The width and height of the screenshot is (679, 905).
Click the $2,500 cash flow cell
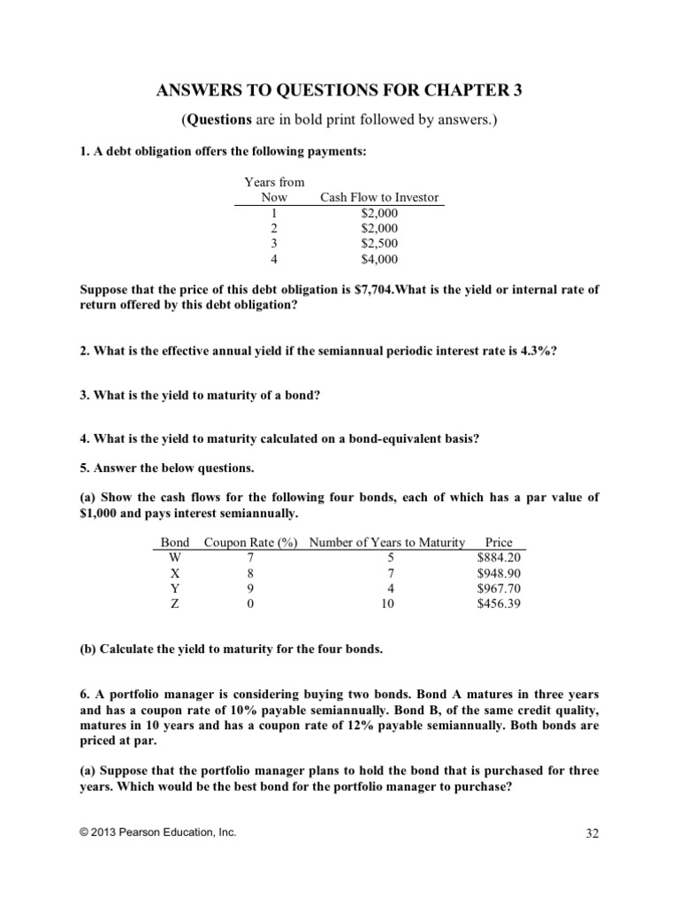(379, 244)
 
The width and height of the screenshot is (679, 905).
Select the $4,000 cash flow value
(379, 260)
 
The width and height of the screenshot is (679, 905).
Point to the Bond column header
(175, 543)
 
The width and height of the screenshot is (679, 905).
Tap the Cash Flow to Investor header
(379, 198)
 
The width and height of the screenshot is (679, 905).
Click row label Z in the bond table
(174, 604)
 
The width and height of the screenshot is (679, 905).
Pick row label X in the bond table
(174, 573)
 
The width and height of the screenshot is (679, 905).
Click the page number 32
(593, 833)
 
